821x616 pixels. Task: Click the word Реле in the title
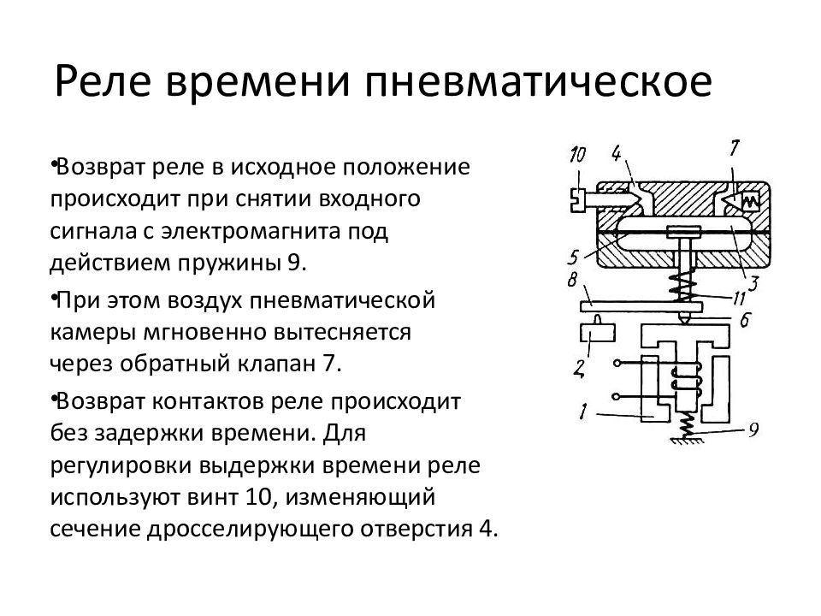[103, 82]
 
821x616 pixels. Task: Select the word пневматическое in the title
[538, 82]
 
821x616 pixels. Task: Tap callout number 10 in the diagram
[577, 155]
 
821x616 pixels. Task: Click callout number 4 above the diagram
[617, 153]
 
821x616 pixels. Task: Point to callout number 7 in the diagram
[734, 148]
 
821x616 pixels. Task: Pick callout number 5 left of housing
[573, 258]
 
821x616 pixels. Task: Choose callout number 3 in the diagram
[753, 283]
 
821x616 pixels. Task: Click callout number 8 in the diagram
[572, 280]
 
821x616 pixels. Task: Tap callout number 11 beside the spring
[738, 298]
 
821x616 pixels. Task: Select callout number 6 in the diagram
[746, 319]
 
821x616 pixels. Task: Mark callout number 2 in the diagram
[579, 370]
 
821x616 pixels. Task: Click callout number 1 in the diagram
[583, 412]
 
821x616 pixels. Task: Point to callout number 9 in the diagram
[753, 430]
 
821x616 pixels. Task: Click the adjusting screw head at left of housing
[576, 199]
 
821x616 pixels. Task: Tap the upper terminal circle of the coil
[617, 363]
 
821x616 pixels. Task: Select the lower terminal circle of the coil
[617, 397]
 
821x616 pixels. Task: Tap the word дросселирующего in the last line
[253, 529]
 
